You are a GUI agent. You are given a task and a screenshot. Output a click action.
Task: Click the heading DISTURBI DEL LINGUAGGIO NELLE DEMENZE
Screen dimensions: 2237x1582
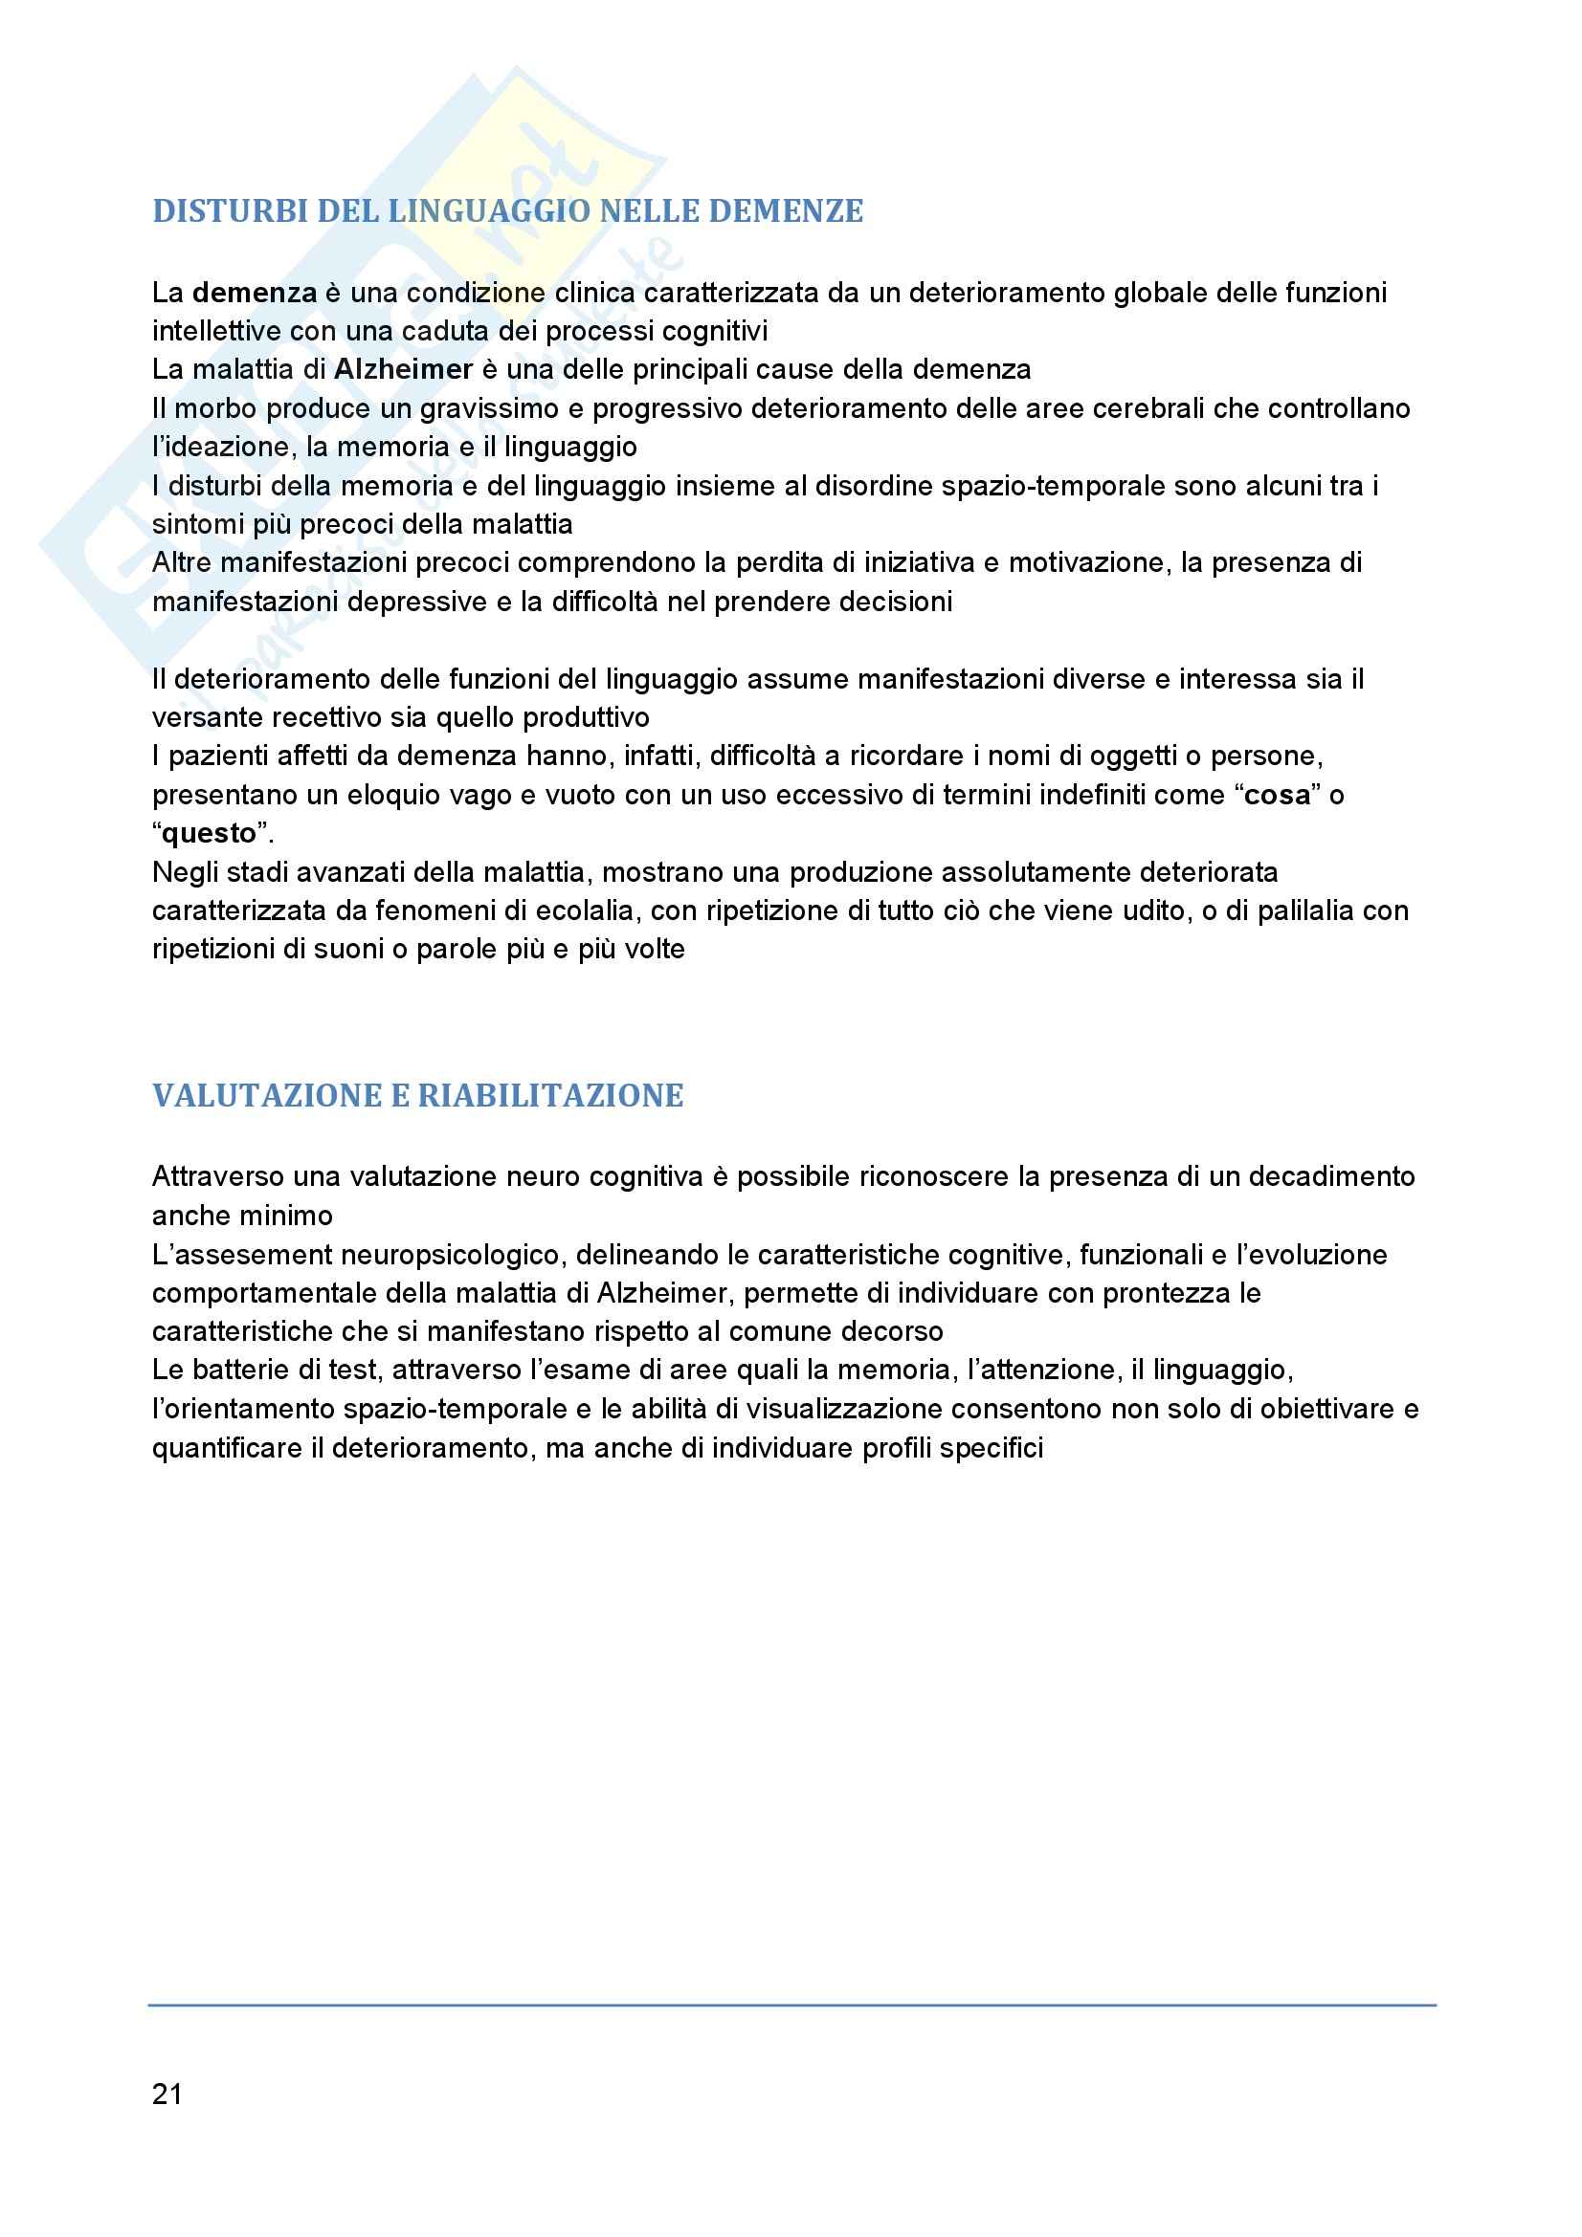(x=508, y=211)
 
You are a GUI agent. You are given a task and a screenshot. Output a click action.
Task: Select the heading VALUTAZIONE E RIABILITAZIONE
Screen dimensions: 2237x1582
(x=417, y=1095)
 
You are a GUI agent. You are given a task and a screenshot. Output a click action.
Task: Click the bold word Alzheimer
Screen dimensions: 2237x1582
(x=403, y=369)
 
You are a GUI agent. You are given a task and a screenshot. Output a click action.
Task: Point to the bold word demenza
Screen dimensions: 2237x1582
(x=255, y=293)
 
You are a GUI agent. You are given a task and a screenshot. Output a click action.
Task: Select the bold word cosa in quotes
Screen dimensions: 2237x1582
(x=1277, y=795)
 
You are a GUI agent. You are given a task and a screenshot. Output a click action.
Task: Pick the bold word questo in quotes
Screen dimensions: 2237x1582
(x=209, y=834)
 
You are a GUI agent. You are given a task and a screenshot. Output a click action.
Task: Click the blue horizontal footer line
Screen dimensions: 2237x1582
(x=791, y=2006)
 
